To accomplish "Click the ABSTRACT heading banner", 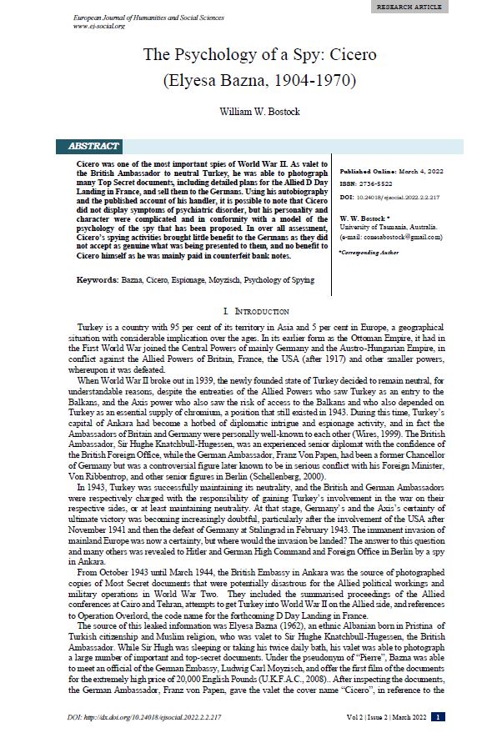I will tap(99, 147).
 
